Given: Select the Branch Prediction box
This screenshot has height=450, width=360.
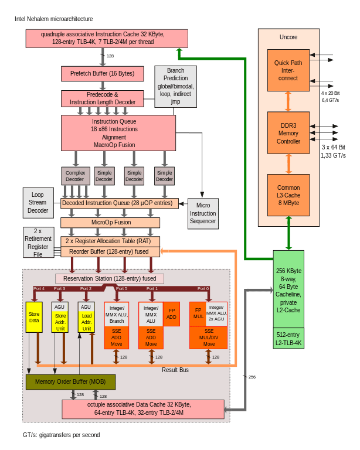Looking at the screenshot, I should [175, 86].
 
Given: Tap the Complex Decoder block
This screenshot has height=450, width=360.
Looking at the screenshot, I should [75, 176].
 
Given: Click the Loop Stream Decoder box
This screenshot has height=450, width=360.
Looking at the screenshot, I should [38, 202].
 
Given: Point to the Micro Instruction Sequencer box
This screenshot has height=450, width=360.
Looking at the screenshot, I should [203, 213].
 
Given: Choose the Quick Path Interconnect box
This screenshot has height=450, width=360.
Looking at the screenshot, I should [288, 70].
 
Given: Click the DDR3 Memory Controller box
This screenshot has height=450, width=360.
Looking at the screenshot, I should [288, 133].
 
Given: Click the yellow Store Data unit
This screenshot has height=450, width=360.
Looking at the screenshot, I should [34, 317].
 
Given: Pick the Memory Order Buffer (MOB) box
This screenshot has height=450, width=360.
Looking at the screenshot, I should [70, 382].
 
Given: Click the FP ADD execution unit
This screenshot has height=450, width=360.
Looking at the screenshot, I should [171, 313].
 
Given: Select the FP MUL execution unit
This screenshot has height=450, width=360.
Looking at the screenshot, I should [198, 313].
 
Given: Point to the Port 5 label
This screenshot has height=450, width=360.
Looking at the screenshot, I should [121, 289].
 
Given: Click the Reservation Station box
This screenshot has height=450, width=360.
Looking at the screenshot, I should [110, 278].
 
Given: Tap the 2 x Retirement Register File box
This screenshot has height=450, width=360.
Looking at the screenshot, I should [38, 243].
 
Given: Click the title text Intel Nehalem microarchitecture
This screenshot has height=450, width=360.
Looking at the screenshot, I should [53, 19].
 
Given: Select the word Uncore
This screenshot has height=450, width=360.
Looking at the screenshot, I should [288, 37].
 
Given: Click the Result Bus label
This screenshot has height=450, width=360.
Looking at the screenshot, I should [175, 370].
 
